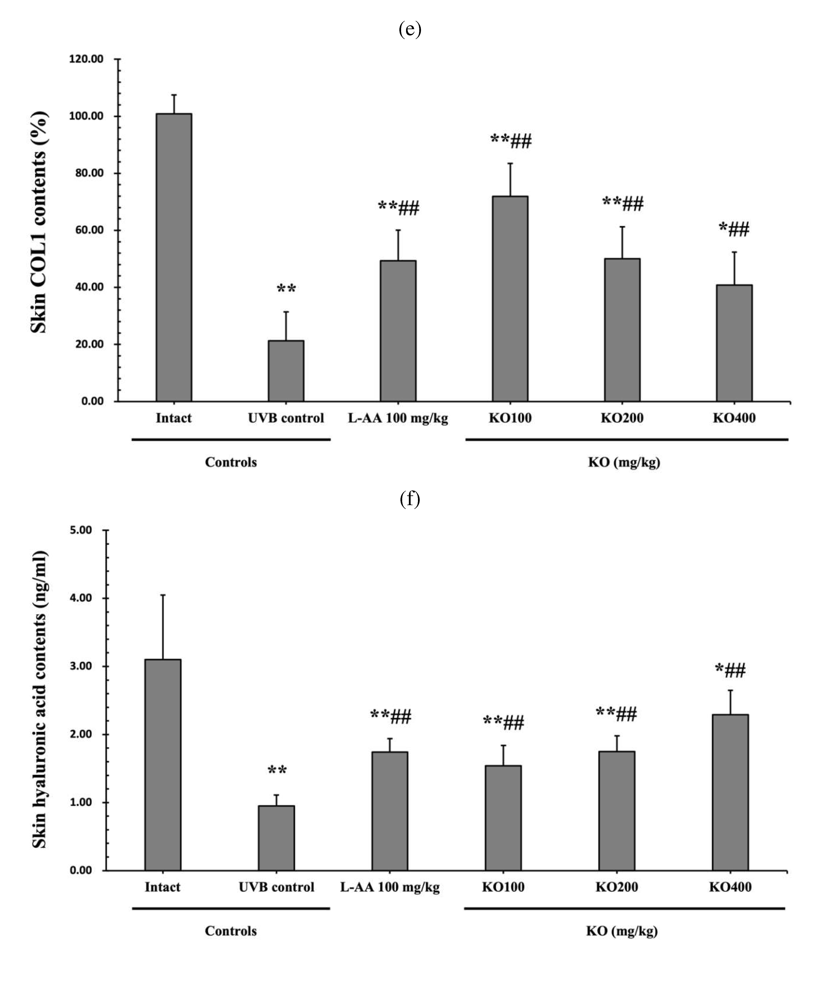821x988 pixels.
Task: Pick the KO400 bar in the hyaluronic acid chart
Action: [x=730, y=792]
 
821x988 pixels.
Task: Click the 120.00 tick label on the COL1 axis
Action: [x=86, y=59]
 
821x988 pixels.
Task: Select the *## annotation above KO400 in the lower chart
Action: [x=730, y=670]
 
